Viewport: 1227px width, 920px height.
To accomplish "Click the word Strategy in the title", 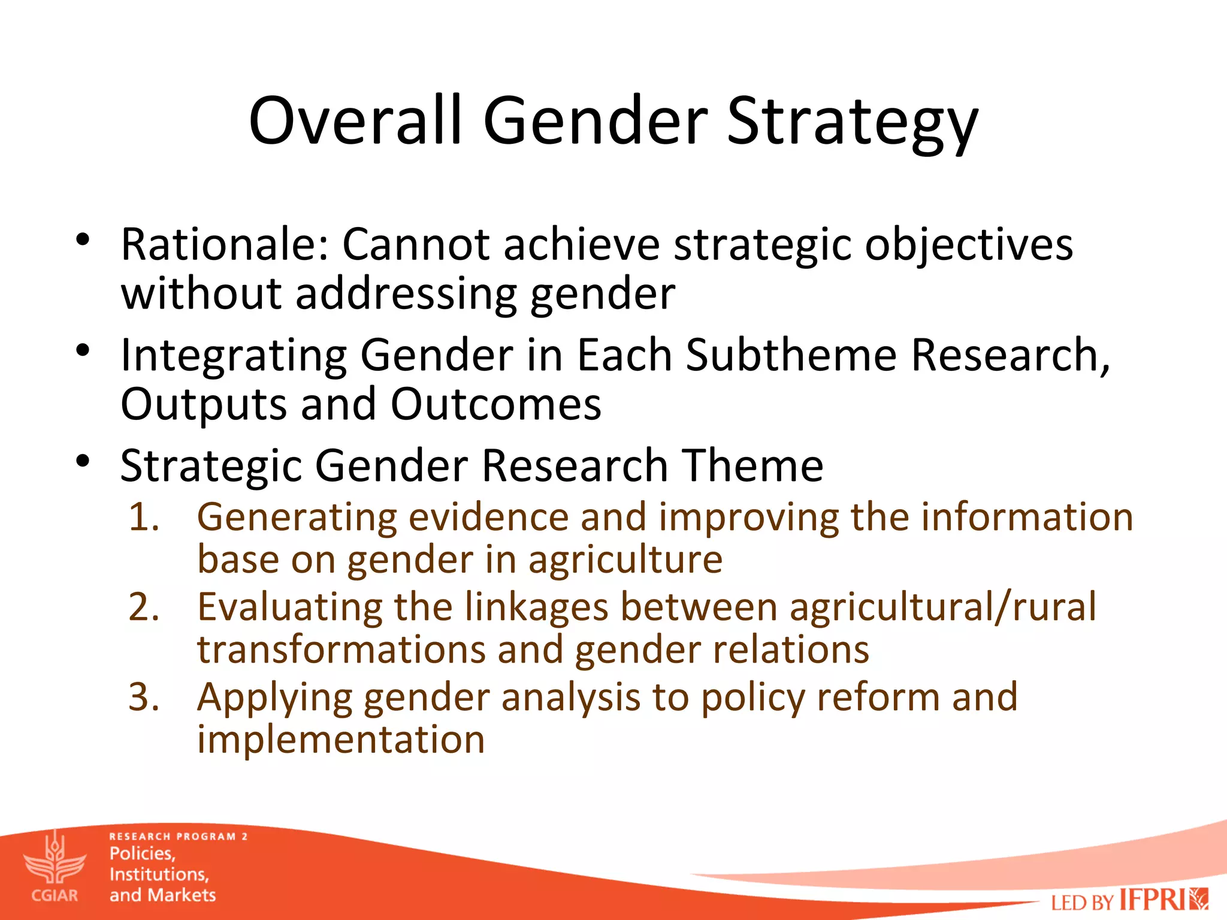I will coord(852,123).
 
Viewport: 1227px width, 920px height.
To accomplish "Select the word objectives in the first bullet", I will coord(968,246).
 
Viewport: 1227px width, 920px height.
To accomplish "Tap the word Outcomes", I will coord(495,404).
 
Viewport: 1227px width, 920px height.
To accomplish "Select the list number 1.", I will coord(144,517).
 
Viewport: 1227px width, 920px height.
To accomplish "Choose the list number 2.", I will coord(144,607).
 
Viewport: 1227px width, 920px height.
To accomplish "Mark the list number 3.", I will coord(144,697).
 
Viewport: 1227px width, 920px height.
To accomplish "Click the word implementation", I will coord(341,739).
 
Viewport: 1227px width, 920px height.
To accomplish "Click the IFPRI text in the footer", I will coord(1152,900).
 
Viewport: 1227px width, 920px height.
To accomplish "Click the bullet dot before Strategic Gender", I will coord(83,462).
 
